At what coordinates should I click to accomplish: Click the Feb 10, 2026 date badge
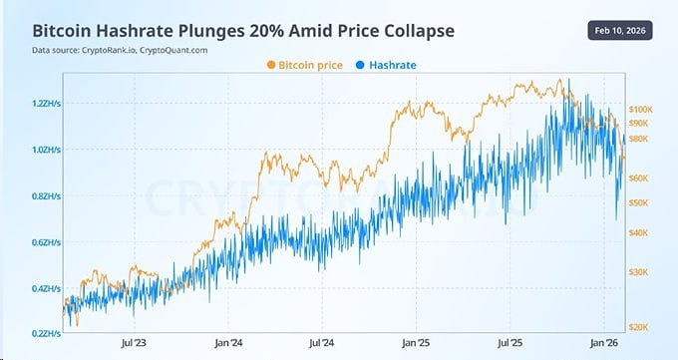623,31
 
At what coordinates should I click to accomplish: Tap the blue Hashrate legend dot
360,65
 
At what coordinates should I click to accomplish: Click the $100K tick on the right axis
640,108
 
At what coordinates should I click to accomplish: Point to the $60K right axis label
639,178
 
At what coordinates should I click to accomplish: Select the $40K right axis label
639,232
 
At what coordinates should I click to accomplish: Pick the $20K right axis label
639,326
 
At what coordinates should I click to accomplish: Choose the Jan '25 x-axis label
416,343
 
